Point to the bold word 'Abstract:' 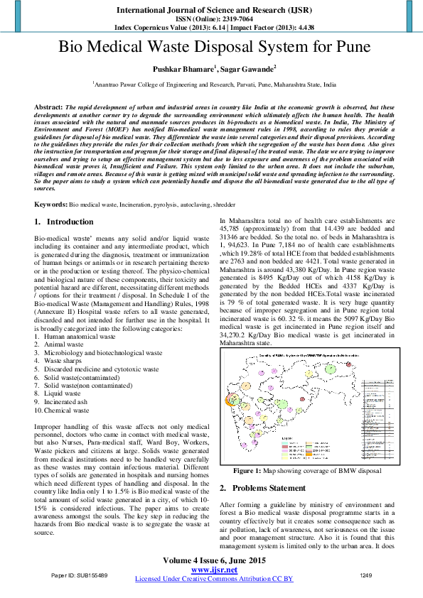48,106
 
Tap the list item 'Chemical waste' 68,410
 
